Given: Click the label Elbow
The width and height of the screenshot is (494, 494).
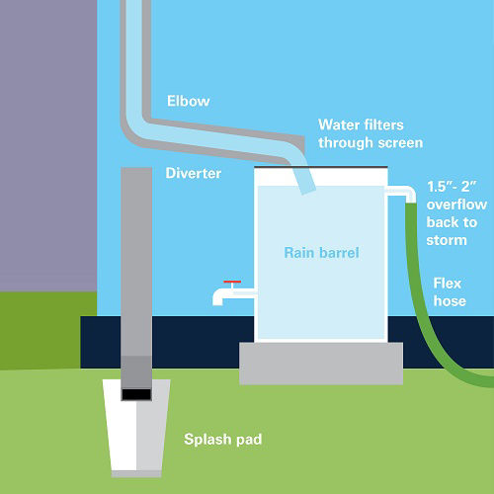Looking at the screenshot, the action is (x=188, y=101).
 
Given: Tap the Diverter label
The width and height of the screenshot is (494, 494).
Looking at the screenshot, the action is (x=194, y=173).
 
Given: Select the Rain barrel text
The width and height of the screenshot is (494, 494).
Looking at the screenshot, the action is (x=321, y=253).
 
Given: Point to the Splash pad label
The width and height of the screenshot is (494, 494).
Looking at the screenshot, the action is (x=223, y=440).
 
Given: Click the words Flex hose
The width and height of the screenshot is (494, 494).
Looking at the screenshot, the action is (x=450, y=292).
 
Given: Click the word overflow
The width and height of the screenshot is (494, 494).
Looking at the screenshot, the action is (x=456, y=205).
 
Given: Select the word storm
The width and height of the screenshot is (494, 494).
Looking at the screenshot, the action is (x=447, y=240).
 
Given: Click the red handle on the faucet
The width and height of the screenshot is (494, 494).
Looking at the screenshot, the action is (x=232, y=282).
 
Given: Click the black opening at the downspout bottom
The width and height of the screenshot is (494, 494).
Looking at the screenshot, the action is (x=136, y=394).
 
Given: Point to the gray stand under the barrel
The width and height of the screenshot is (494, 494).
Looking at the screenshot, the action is (x=321, y=364).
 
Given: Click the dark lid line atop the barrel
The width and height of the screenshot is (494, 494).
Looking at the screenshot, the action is (x=321, y=167).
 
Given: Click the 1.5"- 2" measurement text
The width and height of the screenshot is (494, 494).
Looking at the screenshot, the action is (x=452, y=187).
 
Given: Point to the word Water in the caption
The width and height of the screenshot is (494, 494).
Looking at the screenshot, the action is (x=339, y=124).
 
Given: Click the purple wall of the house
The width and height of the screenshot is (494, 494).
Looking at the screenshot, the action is (x=48, y=145).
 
